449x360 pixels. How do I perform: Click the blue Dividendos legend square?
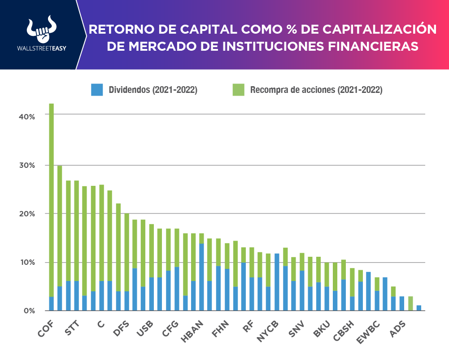(x=97, y=89)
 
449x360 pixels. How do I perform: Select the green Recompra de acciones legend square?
(x=238, y=89)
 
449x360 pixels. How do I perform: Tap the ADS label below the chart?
(x=398, y=329)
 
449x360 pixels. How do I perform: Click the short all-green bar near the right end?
(x=410, y=303)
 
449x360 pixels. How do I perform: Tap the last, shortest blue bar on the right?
(x=418, y=308)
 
